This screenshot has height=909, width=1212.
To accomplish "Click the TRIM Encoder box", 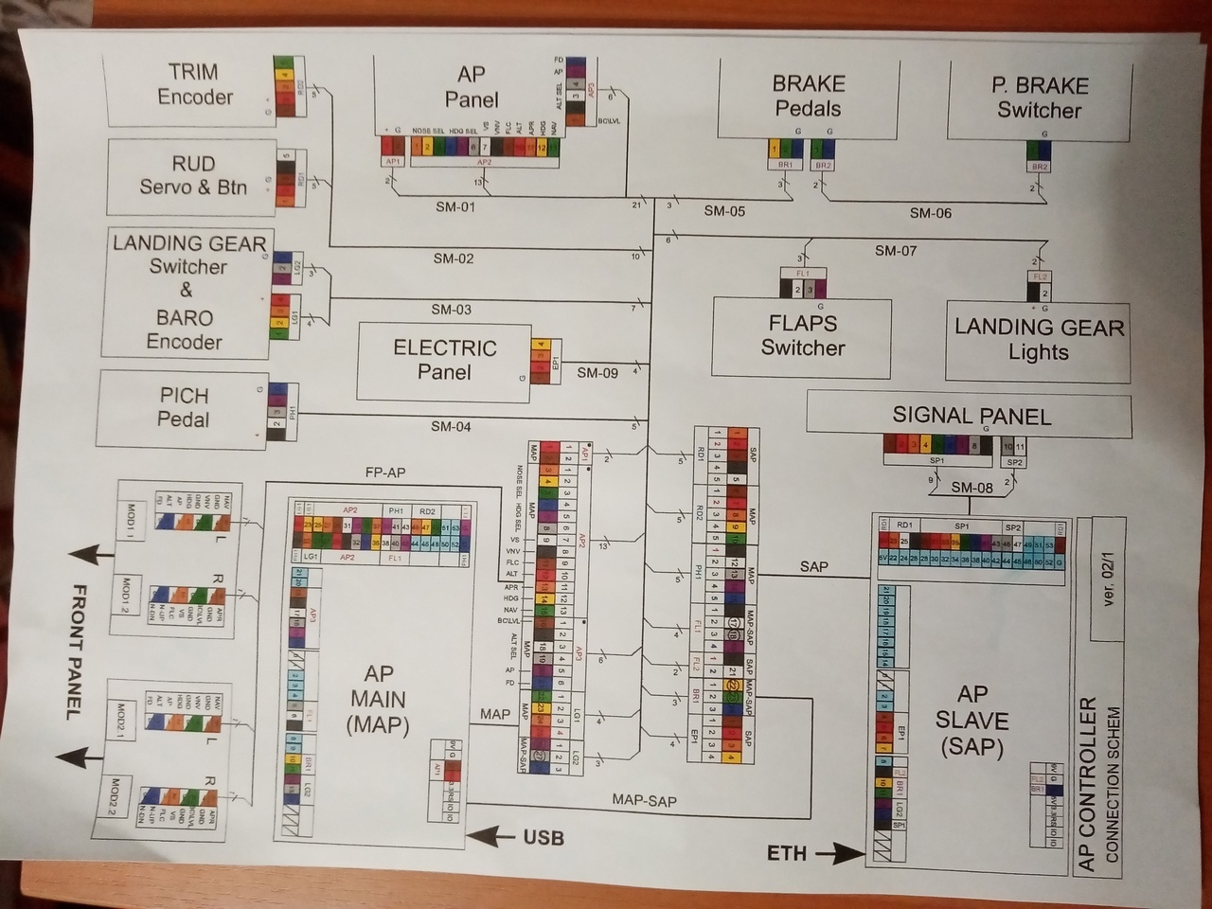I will (194, 85).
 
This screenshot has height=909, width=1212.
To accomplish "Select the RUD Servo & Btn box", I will (193, 176).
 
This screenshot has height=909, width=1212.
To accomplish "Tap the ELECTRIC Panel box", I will (444, 360).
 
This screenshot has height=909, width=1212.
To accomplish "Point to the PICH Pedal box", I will (183, 407).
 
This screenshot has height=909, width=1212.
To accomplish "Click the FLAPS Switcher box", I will (802, 336).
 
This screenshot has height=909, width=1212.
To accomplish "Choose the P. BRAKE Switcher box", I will (1039, 98).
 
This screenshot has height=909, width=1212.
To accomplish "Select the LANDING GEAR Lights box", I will (1038, 340).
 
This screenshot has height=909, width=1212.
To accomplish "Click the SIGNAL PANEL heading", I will (971, 416).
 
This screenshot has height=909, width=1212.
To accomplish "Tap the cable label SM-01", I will (454, 207).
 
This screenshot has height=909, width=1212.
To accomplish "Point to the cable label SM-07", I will (895, 251).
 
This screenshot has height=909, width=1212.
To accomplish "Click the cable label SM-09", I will (597, 373).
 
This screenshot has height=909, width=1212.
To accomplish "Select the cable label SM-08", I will (971, 488).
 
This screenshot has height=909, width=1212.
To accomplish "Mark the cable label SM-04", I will (451, 427).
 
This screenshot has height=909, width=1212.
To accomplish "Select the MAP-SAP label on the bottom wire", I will (644, 801).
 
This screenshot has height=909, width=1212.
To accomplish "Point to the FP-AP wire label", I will (384, 472).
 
